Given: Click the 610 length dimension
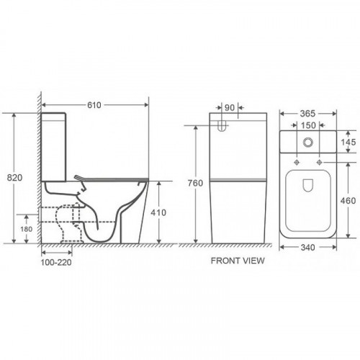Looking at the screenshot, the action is (94, 105).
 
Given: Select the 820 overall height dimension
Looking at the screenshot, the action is (14, 178).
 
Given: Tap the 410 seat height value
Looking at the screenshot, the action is (158, 212).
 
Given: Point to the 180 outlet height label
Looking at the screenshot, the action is (26, 229).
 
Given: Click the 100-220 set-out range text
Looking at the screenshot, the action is (56, 262).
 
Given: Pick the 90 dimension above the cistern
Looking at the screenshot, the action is (230, 108).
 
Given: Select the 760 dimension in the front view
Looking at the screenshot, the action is (195, 183).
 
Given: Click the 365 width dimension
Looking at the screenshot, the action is (307, 114).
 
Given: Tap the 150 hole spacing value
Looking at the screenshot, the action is (308, 125).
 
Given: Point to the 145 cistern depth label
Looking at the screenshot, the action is (348, 143).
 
